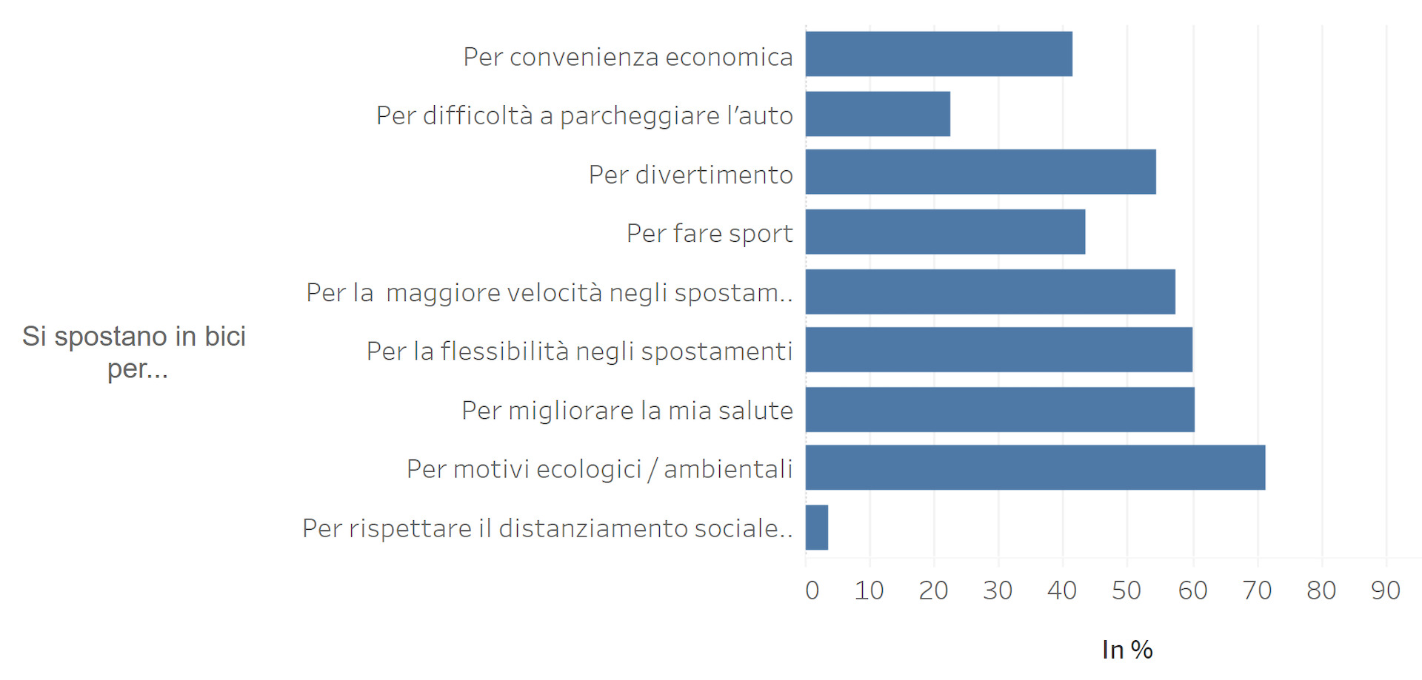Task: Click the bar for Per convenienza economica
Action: [x=938, y=54]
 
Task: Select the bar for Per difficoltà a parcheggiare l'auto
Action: [x=878, y=114]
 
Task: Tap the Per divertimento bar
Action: [x=981, y=172]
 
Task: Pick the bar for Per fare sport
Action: [x=945, y=232]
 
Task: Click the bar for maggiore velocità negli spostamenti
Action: [x=990, y=292]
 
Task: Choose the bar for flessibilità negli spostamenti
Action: [x=998, y=350]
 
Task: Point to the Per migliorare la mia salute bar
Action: [x=1000, y=409]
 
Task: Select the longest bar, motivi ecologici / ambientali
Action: [x=1035, y=468]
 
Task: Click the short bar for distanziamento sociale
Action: [x=817, y=528]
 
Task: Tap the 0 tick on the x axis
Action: [x=812, y=590]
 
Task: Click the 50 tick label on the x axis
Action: [x=1126, y=590]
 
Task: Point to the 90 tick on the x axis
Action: [x=1385, y=590]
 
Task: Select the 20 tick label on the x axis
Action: [x=933, y=590]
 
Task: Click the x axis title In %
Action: [x=1126, y=650]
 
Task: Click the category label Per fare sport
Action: [x=710, y=234]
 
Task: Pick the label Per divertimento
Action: [x=690, y=175]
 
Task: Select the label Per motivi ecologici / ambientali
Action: [x=599, y=469]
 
